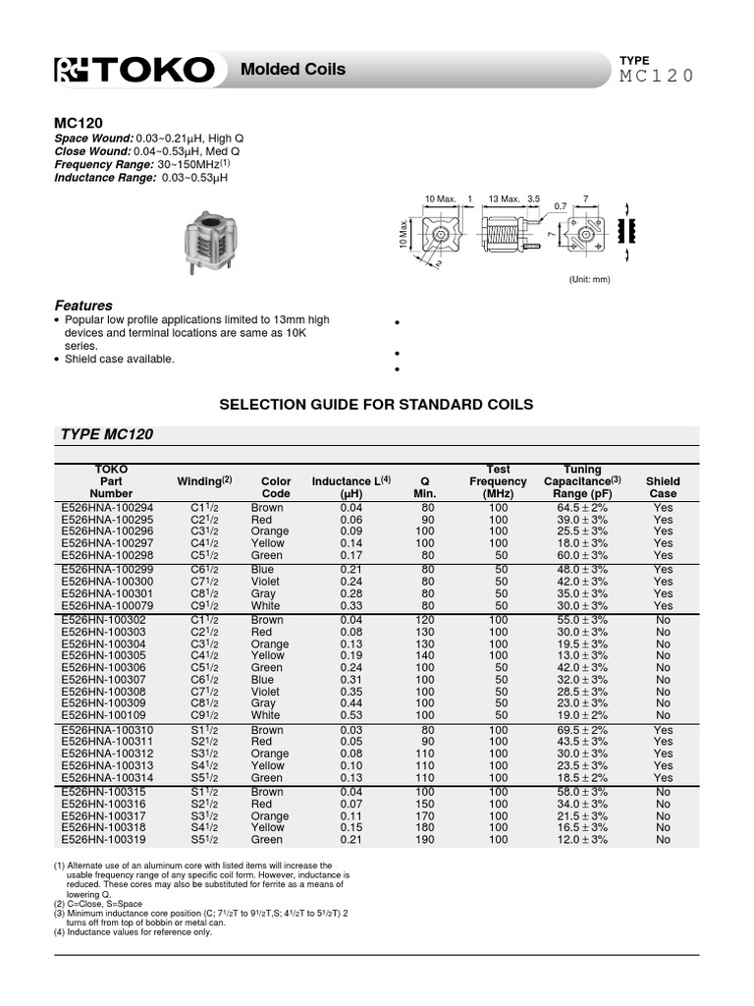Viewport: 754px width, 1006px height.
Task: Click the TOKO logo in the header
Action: (x=134, y=70)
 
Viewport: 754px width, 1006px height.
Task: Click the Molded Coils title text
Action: (x=286, y=70)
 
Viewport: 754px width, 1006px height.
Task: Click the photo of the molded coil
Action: (x=209, y=243)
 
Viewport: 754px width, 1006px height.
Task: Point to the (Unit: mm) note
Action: (x=589, y=279)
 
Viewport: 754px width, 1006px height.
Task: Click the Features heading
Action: (x=82, y=306)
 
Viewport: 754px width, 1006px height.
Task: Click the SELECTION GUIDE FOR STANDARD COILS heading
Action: (x=376, y=404)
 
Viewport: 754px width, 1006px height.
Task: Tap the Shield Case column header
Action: (x=663, y=487)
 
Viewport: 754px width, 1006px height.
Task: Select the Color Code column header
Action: (x=276, y=487)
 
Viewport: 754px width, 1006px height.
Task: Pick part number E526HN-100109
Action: (x=102, y=715)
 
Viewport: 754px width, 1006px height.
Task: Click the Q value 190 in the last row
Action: (x=426, y=840)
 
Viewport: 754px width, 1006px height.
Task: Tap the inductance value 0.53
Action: (x=351, y=715)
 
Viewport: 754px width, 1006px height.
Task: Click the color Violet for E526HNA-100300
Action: (x=265, y=581)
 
